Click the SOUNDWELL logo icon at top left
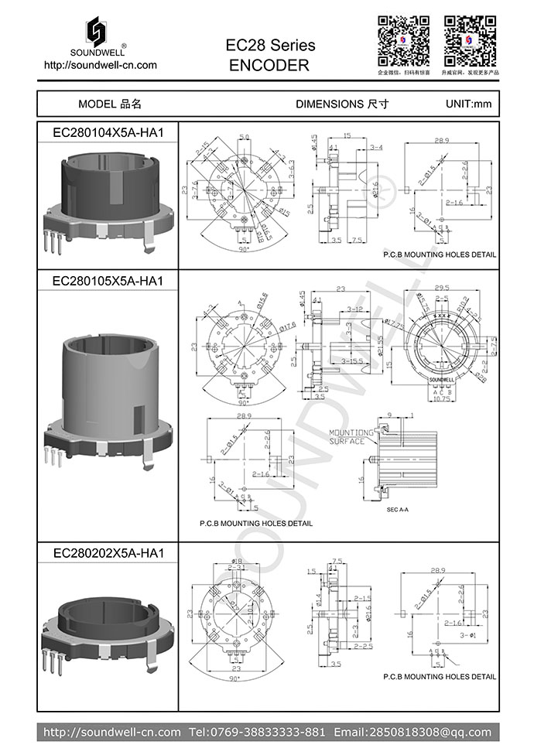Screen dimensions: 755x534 point(99,31)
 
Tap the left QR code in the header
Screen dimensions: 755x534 point(403,39)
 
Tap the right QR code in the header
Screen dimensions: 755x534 point(470,39)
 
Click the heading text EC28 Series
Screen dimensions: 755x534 point(270,46)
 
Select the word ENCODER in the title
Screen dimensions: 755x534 point(269,66)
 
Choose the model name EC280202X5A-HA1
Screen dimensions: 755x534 point(108,553)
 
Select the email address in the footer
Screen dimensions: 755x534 point(412,732)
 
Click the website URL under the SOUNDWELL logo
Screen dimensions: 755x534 point(101,65)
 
